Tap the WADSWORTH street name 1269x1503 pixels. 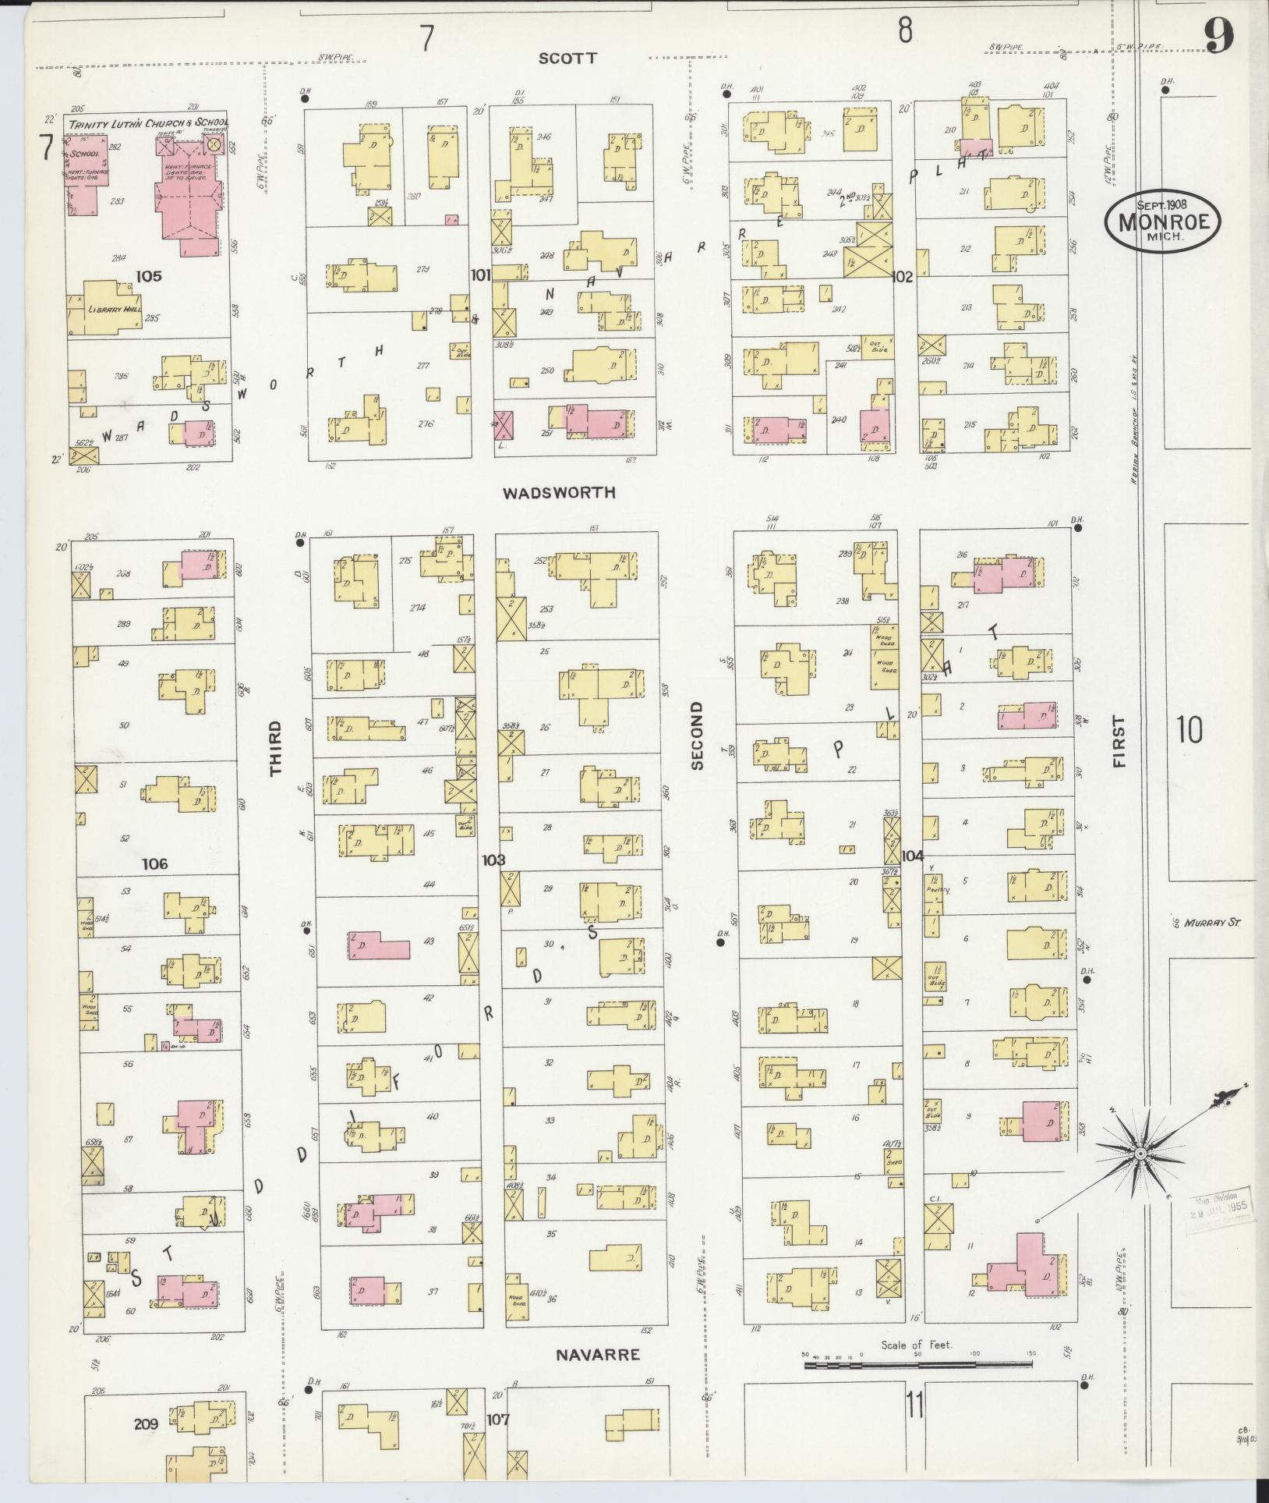pyautogui.click(x=559, y=493)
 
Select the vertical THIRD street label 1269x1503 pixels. pyautogui.click(x=276, y=748)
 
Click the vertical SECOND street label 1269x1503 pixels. pyautogui.click(x=697, y=736)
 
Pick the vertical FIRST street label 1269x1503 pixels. pyautogui.click(x=1120, y=741)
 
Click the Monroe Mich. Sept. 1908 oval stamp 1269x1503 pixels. pyautogui.click(x=1161, y=221)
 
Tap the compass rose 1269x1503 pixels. pyautogui.click(x=1140, y=1153)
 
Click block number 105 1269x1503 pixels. pyautogui.click(x=148, y=275)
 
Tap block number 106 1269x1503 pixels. pyautogui.click(x=155, y=864)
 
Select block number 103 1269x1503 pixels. pyautogui.click(x=493, y=860)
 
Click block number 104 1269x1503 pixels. pyautogui.click(x=912, y=856)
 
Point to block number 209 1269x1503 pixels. pyautogui.click(x=146, y=1424)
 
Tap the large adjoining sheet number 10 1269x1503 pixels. pyautogui.click(x=1189, y=731)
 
